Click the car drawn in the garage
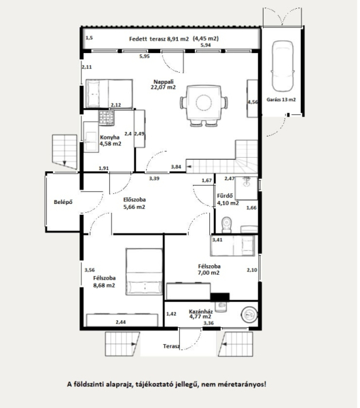(x=283, y=66)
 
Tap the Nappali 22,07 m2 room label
(x=163, y=84)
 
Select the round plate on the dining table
(x=204, y=103)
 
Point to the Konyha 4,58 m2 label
(x=111, y=141)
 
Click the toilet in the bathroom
(x=227, y=225)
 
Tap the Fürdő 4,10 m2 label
(x=228, y=199)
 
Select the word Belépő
(x=63, y=202)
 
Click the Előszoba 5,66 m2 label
(x=134, y=203)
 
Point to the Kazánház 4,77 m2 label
(x=200, y=313)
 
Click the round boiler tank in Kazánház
(x=249, y=315)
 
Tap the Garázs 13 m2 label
(x=281, y=99)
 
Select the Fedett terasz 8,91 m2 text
(x=159, y=39)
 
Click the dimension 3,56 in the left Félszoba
(x=90, y=270)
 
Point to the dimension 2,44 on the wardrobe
(x=121, y=322)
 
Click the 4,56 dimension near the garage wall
(x=253, y=102)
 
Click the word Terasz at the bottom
(x=171, y=346)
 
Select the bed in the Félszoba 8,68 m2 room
(x=144, y=271)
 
